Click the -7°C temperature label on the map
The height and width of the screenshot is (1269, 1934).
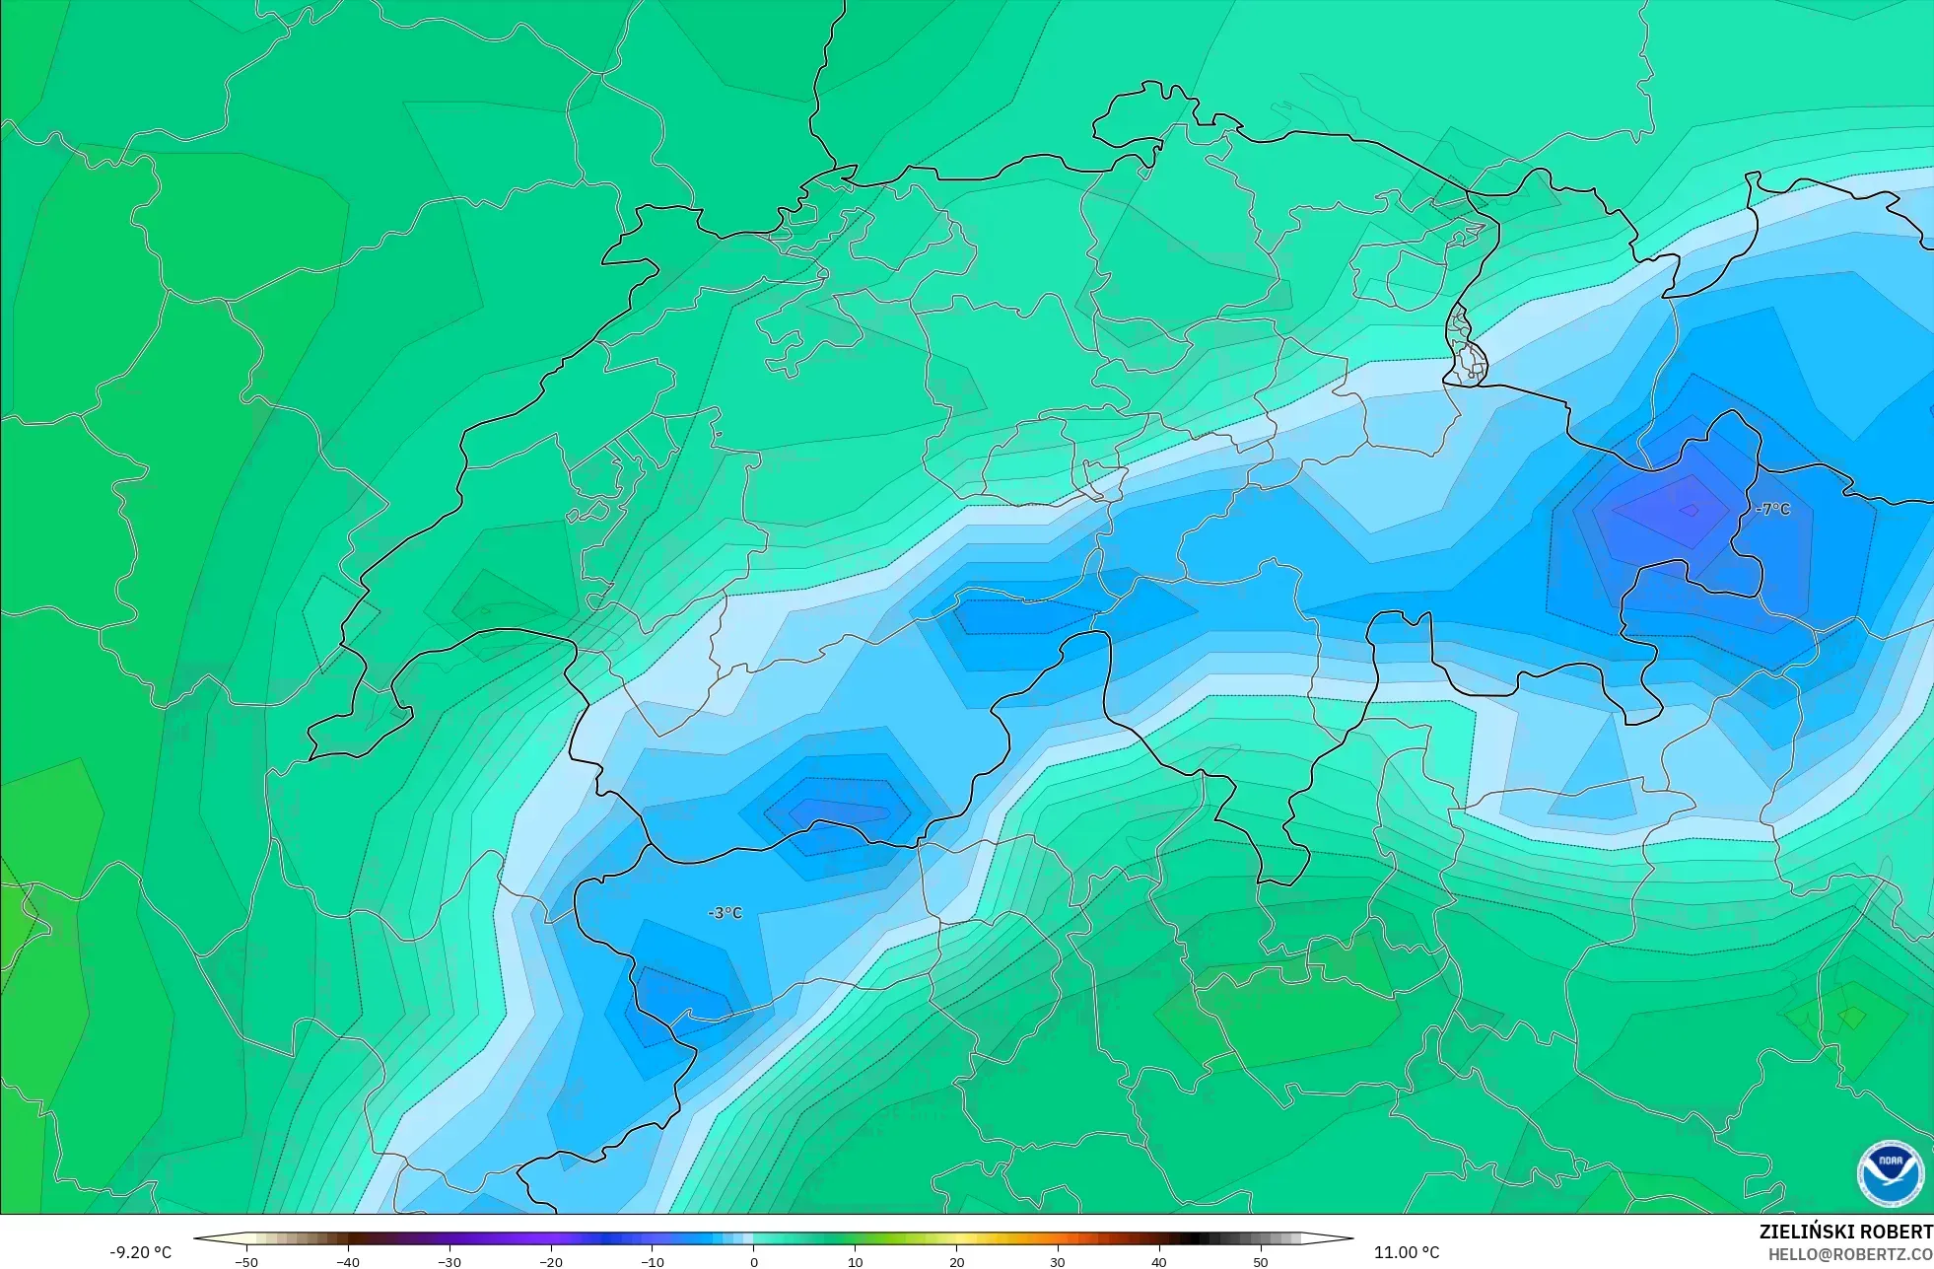click(1772, 509)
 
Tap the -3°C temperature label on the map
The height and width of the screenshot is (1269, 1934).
click(725, 913)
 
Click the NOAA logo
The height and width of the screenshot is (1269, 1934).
click(1890, 1173)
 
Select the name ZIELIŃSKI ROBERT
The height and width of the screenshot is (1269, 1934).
click(1845, 1232)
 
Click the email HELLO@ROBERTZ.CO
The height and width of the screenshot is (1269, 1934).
click(1849, 1254)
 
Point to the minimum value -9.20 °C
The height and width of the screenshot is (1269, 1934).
click(140, 1252)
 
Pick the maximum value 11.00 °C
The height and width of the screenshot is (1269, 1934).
click(1407, 1252)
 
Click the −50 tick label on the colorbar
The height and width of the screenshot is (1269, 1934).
click(246, 1262)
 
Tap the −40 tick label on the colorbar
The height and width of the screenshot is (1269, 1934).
click(348, 1262)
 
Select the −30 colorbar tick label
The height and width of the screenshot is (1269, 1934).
click(449, 1262)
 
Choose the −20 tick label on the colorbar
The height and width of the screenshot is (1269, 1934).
click(551, 1262)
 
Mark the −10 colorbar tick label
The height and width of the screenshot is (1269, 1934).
click(653, 1262)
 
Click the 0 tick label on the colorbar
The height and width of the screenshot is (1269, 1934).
click(754, 1262)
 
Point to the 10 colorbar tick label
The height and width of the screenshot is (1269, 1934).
click(855, 1262)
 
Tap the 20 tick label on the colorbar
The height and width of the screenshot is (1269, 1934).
click(956, 1262)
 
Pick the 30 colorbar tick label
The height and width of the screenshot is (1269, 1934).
click(1058, 1262)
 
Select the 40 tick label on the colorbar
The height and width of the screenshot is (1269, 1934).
click(1159, 1262)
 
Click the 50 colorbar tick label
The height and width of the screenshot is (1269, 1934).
click(1261, 1262)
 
